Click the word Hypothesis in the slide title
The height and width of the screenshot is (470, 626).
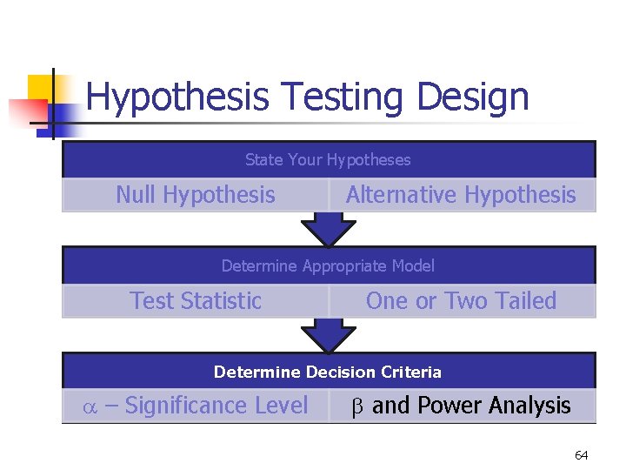pos(176,97)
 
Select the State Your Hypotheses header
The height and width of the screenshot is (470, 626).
pos(328,160)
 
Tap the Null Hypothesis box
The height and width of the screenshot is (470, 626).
pos(196,195)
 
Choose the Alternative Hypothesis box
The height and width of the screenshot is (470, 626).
pos(461,195)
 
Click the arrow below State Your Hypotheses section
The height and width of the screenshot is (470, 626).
pos(328,230)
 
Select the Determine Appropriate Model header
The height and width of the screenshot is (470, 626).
pos(328,266)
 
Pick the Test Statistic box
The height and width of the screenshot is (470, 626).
pos(196,301)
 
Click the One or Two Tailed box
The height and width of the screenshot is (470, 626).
pos(461,301)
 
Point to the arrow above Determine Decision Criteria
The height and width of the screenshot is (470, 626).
pos(328,335)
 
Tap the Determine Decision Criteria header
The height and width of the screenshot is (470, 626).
pos(328,373)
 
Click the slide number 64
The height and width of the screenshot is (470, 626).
pos(582,455)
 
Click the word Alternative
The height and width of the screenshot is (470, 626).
pos(396,195)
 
